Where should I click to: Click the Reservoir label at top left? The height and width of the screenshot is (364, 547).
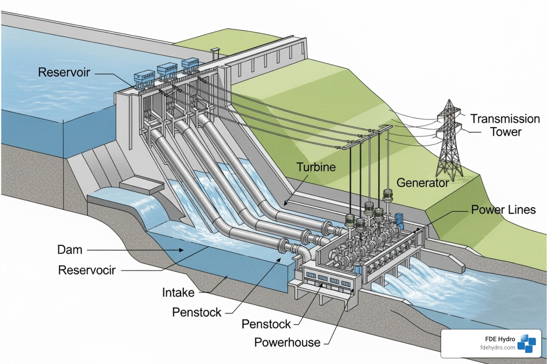[x=64, y=73]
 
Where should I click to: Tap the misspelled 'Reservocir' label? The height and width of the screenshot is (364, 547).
[x=87, y=270]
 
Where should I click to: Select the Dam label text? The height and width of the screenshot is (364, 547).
[x=70, y=250]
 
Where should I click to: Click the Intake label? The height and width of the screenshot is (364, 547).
[x=178, y=293]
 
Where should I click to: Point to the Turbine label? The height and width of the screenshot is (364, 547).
[x=316, y=167]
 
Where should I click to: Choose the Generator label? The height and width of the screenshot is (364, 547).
[x=422, y=183]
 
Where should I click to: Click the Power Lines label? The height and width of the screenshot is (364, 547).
[x=503, y=210]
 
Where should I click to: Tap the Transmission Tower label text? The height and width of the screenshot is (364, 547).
[x=505, y=125]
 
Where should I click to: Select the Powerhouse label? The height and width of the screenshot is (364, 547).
[x=287, y=342]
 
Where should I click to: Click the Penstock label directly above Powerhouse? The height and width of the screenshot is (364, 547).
[x=266, y=324]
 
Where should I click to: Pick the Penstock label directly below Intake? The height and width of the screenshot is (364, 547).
[x=197, y=312]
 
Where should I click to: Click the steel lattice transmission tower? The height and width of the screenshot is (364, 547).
[x=449, y=142]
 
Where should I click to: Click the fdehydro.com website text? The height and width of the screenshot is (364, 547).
[x=497, y=348]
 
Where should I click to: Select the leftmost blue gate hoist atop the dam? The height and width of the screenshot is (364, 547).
[x=144, y=79]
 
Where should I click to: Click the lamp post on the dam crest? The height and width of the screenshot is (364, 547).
[x=215, y=53]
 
